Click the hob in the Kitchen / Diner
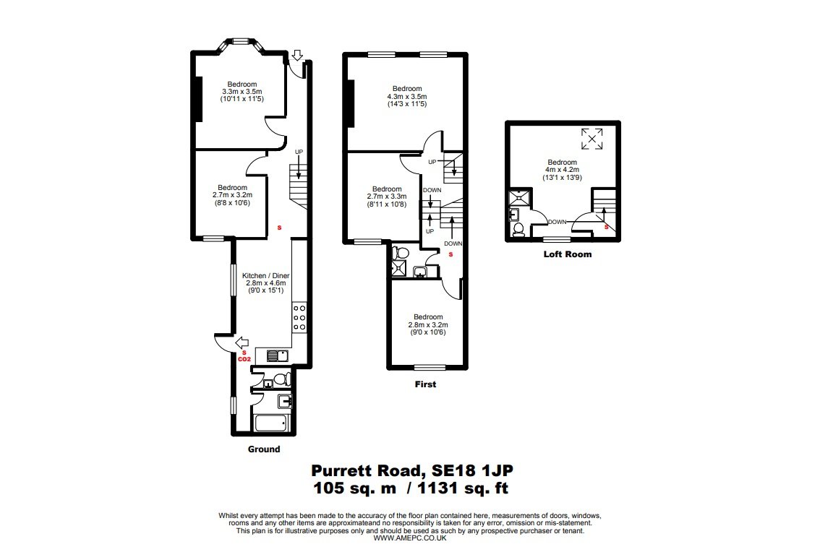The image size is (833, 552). pyautogui.click(x=299, y=317)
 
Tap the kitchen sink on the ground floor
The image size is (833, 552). pyautogui.click(x=278, y=355)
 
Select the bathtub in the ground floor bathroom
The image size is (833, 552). pyautogui.click(x=271, y=423)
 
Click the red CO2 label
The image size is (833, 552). pyautogui.click(x=244, y=359)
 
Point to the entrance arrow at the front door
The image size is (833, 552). pyautogui.click(x=297, y=55)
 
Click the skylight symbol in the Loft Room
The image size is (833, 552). pyautogui.click(x=591, y=139)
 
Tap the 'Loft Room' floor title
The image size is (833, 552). pyautogui.click(x=568, y=254)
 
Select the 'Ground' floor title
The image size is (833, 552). pyautogui.click(x=264, y=449)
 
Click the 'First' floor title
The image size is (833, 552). pyautogui.click(x=425, y=384)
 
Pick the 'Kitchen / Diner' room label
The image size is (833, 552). pyautogui.click(x=266, y=275)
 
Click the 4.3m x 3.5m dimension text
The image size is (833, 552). pyautogui.click(x=407, y=97)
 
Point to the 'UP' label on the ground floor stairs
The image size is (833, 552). pyautogui.click(x=299, y=152)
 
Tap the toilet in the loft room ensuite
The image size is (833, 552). pyautogui.click(x=518, y=229)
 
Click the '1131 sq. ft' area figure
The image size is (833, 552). pyautogui.click(x=464, y=488)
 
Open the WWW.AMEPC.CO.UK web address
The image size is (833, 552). pyautogui.click(x=409, y=538)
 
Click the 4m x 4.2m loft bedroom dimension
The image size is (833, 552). pyautogui.click(x=562, y=170)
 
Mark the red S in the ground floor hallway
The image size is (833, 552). pyautogui.click(x=279, y=228)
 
